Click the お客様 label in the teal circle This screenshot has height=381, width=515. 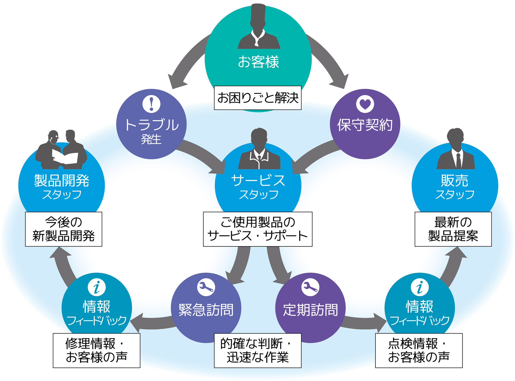click(x=258, y=62)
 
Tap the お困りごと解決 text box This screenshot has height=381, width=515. click(x=257, y=98)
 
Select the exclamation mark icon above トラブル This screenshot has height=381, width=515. click(x=151, y=104)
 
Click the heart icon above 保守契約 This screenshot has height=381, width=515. click(x=365, y=104)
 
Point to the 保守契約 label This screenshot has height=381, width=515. click(x=365, y=125)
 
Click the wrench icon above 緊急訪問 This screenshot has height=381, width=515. click(x=206, y=287)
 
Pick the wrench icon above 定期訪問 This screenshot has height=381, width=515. click(x=310, y=287)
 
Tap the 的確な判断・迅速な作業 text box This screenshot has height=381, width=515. click(x=257, y=350)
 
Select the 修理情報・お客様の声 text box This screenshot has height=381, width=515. click(x=97, y=350)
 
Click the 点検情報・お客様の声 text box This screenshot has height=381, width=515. click(x=419, y=350)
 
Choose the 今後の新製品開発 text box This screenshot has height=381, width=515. click(x=64, y=229)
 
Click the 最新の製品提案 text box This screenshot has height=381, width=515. click(x=453, y=229)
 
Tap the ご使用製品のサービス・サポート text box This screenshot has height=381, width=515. click(x=257, y=229)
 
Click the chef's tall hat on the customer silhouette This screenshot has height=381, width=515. click(x=258, y=15)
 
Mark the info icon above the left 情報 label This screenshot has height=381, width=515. click(x=97, y=287)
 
